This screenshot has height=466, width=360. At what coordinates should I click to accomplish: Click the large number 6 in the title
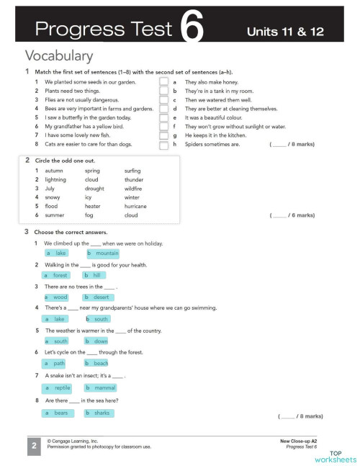click(192, 30)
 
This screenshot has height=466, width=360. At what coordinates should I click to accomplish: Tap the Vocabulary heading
click(58, 55)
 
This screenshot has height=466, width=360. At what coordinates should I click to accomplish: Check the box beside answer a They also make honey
click(163, 83)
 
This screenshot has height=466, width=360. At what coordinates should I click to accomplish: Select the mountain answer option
click(103, 254)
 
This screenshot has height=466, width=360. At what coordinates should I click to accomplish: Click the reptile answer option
click(58, 387)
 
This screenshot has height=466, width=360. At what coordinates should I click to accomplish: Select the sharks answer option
click(98, 413)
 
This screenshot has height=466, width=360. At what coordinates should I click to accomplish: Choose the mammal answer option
click(101, 387)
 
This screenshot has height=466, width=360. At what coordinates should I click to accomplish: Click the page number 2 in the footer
click(34, 447)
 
